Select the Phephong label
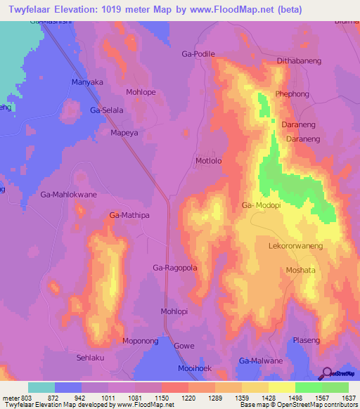tap(292, 93)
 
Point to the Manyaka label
tap(88, 82)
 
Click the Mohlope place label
tap(141, 92)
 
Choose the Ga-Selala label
tap(107, 111)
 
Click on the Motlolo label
tap(208, 161)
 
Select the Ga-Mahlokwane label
tap(68, 194)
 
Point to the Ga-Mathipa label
tap(130, 215)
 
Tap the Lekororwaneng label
tap(295, 247)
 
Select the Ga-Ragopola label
tap(175, 268)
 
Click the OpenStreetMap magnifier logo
tap(326, 373)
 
